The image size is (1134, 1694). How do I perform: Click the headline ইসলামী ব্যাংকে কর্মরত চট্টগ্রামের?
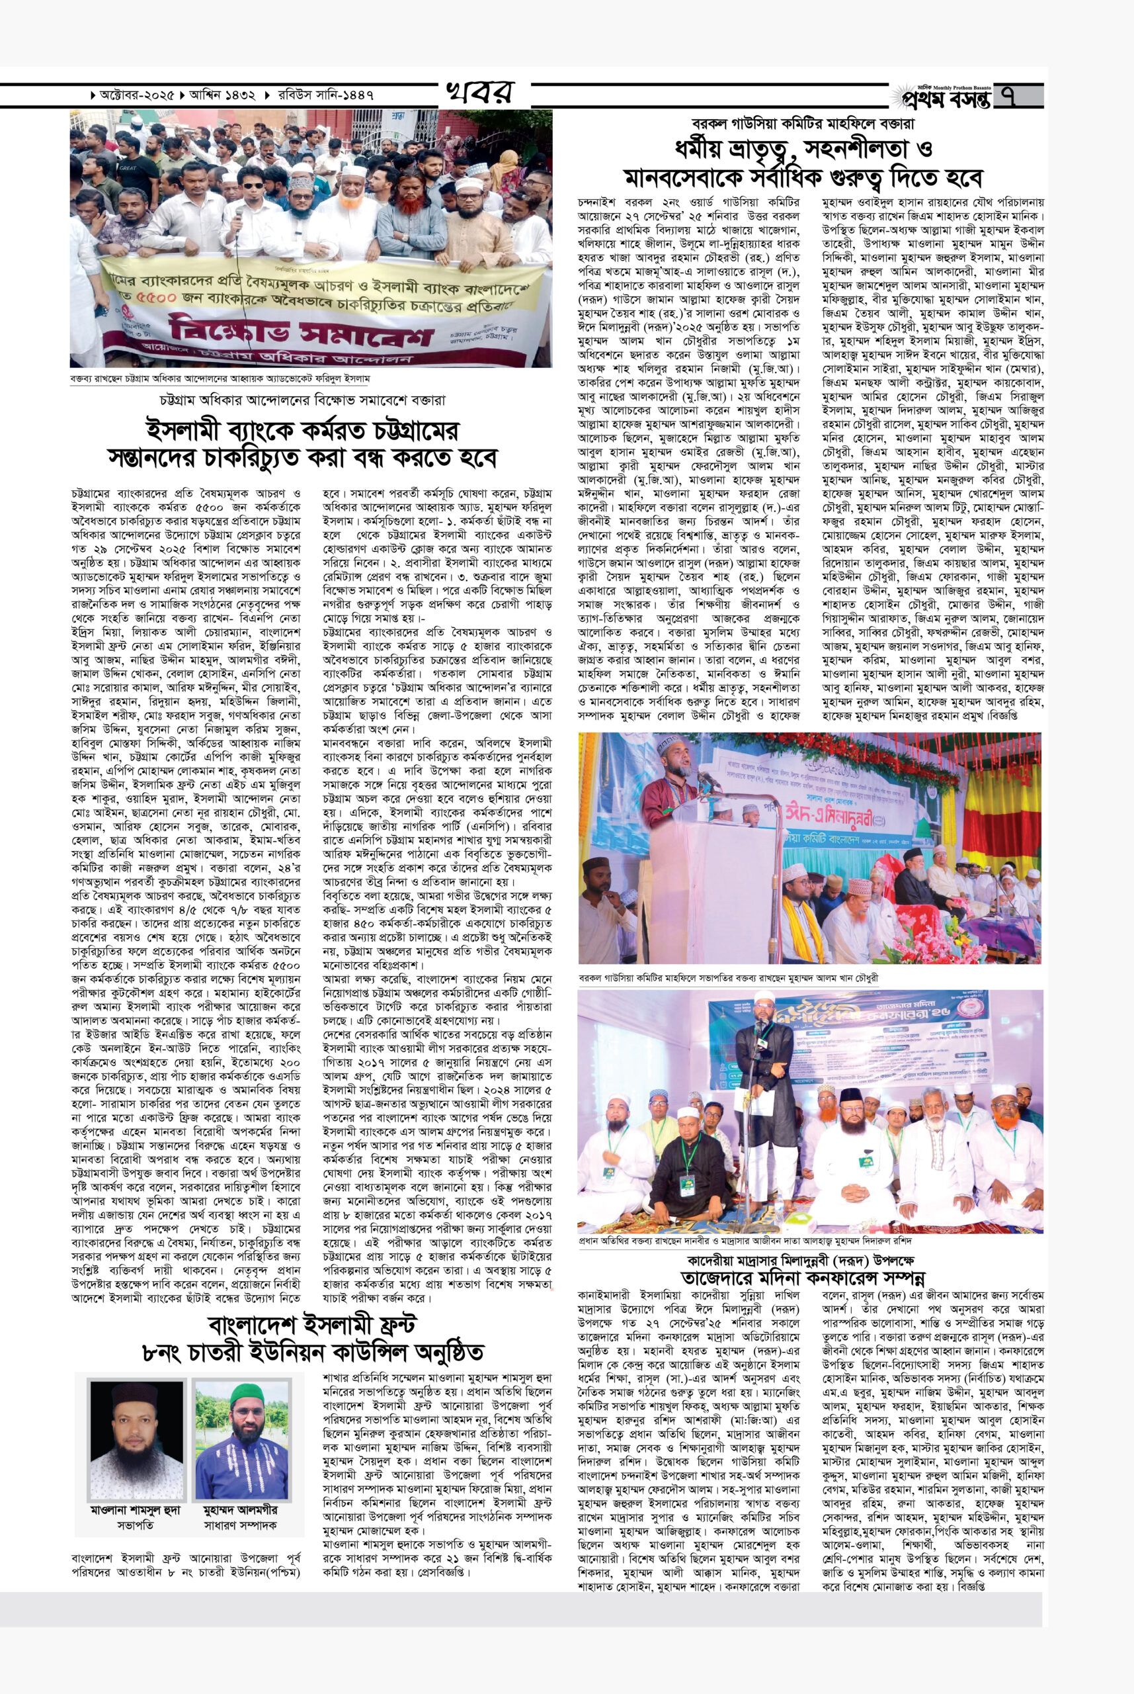[302, 433]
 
